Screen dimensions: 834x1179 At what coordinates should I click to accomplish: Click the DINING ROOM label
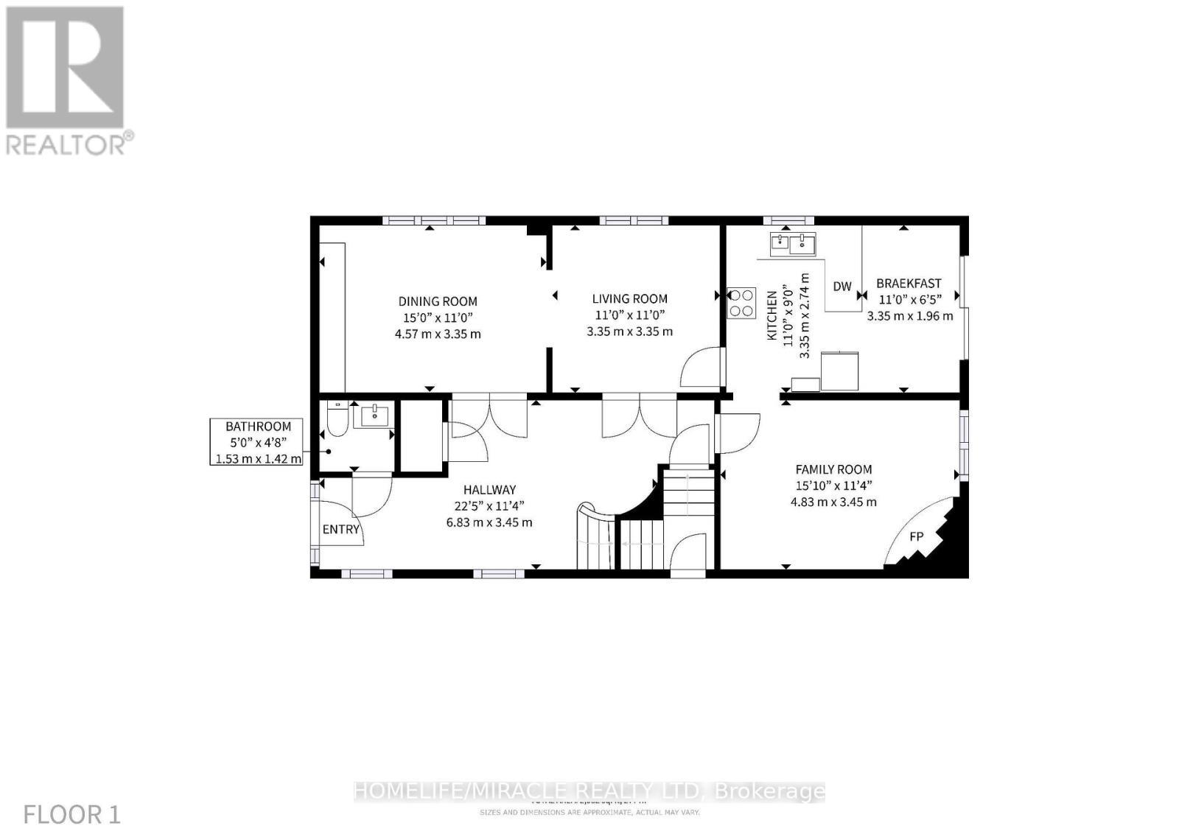[438, 301]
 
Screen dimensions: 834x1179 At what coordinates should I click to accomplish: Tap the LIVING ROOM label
[629, 298]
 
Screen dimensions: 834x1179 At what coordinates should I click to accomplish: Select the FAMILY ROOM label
[833, 469]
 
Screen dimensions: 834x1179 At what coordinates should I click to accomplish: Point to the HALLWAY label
[489, 490]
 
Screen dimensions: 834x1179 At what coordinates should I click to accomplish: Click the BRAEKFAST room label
[909, 284]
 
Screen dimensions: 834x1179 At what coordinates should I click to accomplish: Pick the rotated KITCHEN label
[772, 315]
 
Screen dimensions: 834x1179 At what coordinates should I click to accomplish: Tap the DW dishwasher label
[842, 287]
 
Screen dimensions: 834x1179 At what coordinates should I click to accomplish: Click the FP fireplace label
[916, 536]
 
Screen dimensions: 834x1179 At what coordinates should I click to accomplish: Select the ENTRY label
[341, 529]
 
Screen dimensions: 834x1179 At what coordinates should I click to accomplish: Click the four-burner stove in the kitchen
[741, 303]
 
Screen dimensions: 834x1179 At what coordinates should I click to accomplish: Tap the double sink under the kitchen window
[793, 243]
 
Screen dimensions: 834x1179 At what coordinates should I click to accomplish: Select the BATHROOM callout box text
[258, 427]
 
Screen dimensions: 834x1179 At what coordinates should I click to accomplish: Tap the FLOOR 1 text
[72, 815]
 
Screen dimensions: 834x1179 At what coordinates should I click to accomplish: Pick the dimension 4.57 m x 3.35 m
[438, 334]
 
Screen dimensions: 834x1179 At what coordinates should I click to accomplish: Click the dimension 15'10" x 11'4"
[833, 486]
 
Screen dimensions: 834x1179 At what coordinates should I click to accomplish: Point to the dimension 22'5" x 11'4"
[489, 506]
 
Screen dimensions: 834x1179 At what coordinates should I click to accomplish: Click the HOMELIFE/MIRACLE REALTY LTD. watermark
[589, 791]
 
